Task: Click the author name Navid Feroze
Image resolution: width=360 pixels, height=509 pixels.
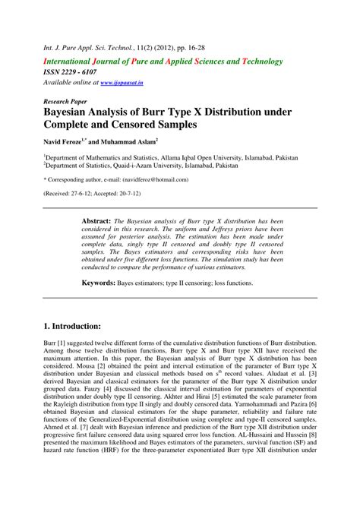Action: (69, 142)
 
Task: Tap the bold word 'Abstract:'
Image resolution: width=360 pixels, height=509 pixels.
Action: (96, 220)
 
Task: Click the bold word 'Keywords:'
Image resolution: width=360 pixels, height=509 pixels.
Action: (99, 283)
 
